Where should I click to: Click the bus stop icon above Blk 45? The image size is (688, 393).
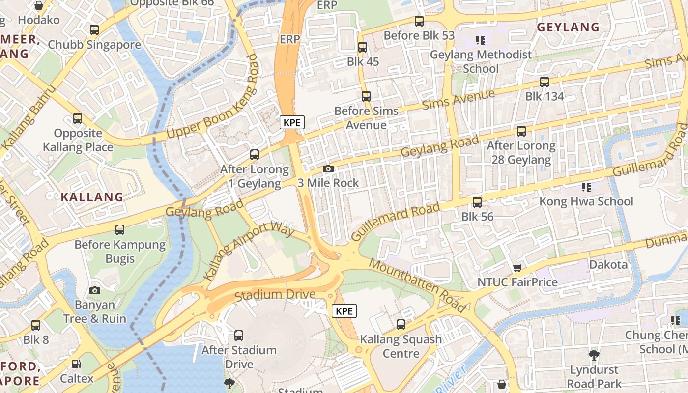click(x=363, y=47)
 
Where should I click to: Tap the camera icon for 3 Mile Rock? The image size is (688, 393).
click(x=328, y=169)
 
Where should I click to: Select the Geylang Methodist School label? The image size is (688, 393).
click(x=481, y=61)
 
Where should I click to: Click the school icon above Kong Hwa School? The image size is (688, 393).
click(x=586, y=187)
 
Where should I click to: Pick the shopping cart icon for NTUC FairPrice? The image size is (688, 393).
click(x=517, y=268)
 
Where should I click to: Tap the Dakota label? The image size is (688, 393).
click(x=608, y=265)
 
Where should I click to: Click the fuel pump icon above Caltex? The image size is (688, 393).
click(x=77, y=364)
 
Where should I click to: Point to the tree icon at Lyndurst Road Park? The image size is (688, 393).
click(x=594, y=355)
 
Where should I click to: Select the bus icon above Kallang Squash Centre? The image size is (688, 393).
click(x=401, y=325)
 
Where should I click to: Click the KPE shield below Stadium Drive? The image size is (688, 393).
click(x=344, y=311)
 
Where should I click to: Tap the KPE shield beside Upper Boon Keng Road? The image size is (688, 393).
click(x=292, y=122)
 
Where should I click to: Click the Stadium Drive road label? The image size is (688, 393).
click(x=275, y=295)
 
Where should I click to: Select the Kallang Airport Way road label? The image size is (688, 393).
click(x=249, y=252)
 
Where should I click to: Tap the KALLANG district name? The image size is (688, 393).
click(x=92, y=197)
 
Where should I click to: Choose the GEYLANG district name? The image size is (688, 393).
click(x=568, y=27)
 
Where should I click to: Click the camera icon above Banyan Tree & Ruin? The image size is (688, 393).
click(x=95, y=290)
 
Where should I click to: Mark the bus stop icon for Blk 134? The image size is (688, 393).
click(x=545, y=82)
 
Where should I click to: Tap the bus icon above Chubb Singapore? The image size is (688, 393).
click(x=94, y=30)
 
